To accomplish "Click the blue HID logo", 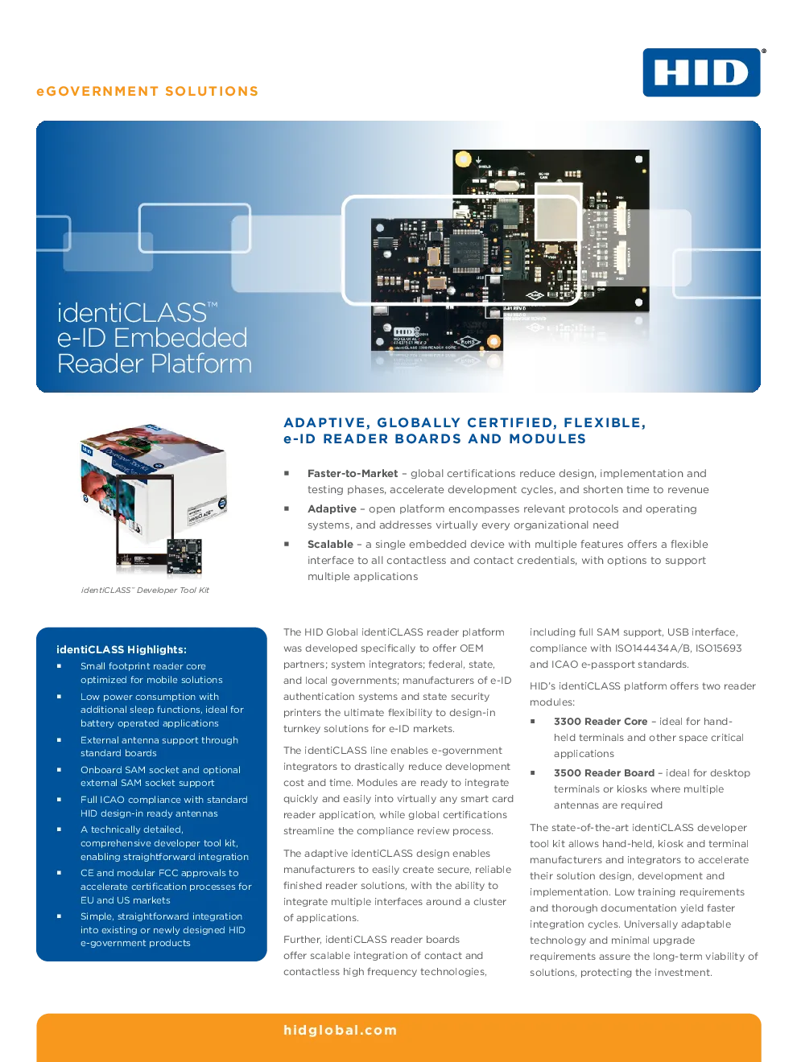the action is click(701, 72).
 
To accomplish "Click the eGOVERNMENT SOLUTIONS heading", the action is click(147, 91).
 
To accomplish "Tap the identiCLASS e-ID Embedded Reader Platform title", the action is click(155, 338).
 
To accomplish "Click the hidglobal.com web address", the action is click(341, 1030).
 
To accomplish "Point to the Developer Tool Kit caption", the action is click(145, 590).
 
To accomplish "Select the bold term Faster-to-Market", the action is click(353, 473).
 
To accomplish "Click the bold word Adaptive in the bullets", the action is click(332, 509).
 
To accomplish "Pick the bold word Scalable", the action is click(330, 545).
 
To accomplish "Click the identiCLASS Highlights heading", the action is click(122, 649).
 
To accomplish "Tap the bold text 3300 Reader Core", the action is click(600, 722).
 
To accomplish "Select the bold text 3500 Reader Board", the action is click(604, 772).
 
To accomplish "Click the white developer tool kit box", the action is click(154, 484).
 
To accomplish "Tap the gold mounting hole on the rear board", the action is click(464, 158).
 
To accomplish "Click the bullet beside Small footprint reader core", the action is click(59, 665).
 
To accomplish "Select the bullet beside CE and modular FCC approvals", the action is click(59, 872).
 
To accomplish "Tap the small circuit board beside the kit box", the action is click(184, 557).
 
